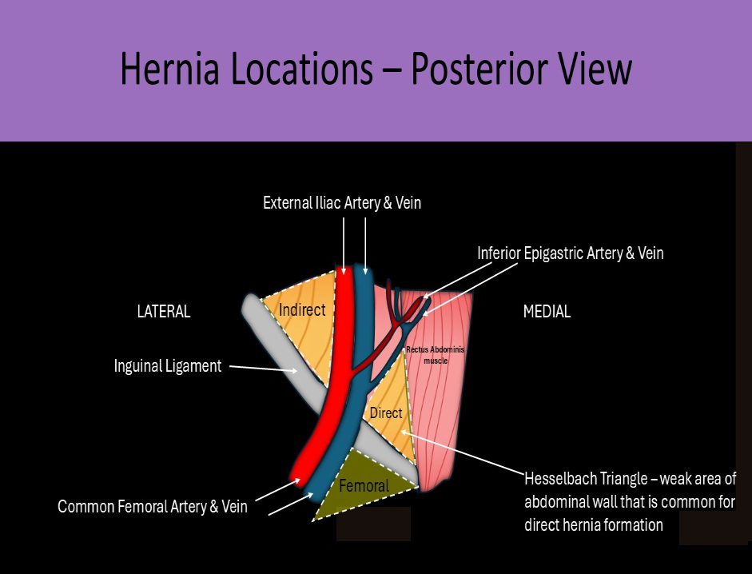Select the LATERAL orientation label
point(164,312)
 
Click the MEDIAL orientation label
point(547,312)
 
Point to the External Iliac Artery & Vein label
point(342,203)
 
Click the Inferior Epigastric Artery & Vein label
point(571,253)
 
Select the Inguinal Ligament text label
point(168,366)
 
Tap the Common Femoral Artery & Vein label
point(153,506)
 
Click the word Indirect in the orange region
point(302,309)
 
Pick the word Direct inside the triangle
point(385,413)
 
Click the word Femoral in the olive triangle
point(364,485)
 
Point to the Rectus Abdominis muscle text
point(436,355)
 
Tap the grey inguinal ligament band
point(280,344)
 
